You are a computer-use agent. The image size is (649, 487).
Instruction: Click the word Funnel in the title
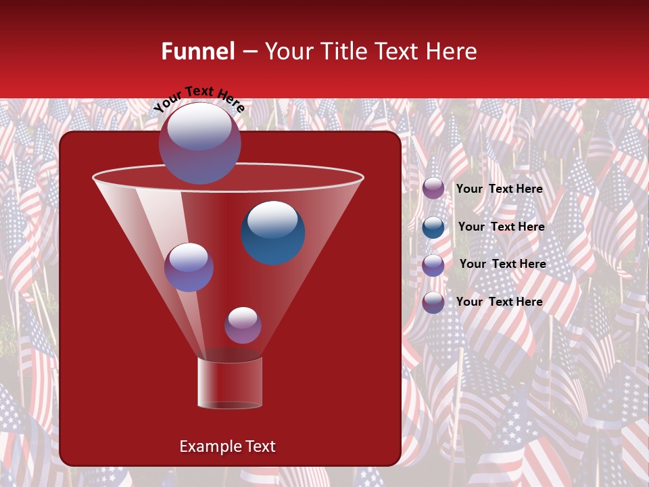[198, 51]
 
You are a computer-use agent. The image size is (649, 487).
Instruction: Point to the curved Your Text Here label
[199, 98]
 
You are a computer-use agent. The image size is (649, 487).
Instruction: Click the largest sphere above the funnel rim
[199, 143]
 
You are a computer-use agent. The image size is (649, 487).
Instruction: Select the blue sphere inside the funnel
[273, 232]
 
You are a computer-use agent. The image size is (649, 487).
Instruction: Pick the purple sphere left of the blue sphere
[189, 267]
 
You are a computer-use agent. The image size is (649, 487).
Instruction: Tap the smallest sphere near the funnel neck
[243, 325]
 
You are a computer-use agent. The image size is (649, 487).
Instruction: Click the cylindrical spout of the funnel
[230, 383]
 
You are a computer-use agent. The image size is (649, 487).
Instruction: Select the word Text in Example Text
[260, 446]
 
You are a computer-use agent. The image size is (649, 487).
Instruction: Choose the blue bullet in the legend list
[433, 227]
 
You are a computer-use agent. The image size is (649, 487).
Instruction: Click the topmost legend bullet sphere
[433, 189]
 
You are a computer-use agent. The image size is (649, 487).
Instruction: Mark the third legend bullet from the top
[433, 265]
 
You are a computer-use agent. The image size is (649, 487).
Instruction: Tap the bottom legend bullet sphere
[433, 302]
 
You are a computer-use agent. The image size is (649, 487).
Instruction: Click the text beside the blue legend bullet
[501, 227]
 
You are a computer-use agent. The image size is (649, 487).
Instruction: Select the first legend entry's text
[499, 189]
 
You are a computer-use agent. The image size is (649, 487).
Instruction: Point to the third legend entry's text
[502, 264]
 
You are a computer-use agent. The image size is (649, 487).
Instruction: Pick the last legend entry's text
[499, 302]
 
